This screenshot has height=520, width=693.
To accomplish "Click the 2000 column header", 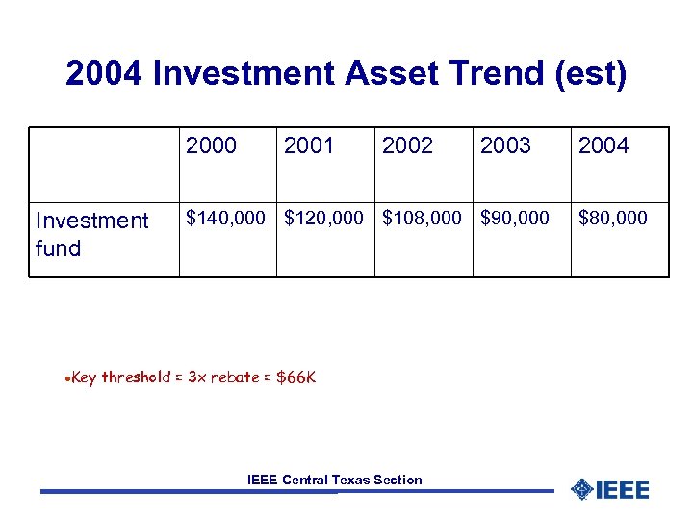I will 211,145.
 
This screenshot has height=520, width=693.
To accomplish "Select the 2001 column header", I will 309,145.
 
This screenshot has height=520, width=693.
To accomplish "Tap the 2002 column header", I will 407,145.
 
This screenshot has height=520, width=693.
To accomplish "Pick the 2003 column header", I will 505,145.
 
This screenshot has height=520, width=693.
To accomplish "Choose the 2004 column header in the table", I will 603,145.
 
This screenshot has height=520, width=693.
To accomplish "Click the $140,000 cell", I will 226,219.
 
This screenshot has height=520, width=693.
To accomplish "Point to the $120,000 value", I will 324,219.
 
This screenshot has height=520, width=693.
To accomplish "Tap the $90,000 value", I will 515,219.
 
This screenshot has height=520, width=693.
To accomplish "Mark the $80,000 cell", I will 613,219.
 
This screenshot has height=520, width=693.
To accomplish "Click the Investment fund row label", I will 91,234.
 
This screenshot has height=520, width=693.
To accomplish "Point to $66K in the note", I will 295,377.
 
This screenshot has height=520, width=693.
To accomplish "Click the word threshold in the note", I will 136,377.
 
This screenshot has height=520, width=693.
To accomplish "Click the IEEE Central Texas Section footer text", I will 334,480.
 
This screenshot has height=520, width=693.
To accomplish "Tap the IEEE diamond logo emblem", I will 580,490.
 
